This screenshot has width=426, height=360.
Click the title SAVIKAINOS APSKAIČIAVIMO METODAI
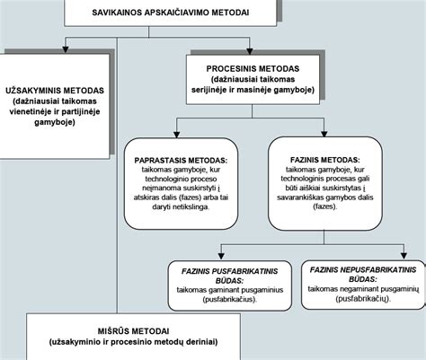tap(171, 13)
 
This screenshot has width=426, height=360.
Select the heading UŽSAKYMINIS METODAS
tap(55, 91)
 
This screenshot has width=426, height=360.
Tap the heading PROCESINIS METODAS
tap(253, 68)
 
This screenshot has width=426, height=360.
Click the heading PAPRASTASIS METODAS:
tap(181, 161)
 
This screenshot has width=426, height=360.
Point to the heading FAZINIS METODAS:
tap(325, 160)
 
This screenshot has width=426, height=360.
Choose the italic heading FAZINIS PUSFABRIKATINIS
tap(230, 271)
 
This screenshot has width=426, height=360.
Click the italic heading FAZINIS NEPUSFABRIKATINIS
tap(363, 270)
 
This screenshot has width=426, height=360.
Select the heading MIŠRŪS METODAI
tap(133, 331)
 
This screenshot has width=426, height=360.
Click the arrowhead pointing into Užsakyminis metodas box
tap(66, 49)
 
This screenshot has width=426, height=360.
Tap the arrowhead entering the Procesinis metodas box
tap(249, 51)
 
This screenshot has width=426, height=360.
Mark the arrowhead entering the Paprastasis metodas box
tap(177, 135)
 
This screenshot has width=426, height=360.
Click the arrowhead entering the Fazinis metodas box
tap(324, 134)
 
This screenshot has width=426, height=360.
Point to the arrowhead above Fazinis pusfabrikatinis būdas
tap(221, 256)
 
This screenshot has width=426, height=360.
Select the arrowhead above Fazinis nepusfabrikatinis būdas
tap(404, 256)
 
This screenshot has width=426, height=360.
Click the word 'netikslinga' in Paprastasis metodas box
tap(192, 207)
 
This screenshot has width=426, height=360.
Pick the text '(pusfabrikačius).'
tap(230, 299)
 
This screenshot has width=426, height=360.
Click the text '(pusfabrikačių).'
tap(363, 298)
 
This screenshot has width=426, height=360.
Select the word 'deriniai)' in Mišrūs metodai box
tap(202, 342)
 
